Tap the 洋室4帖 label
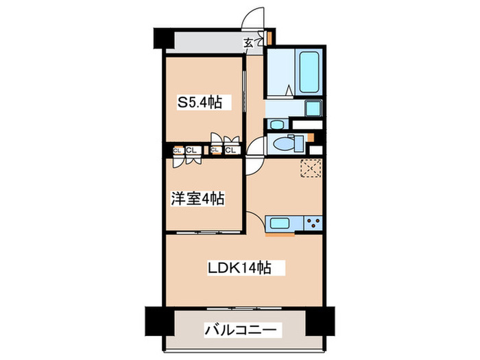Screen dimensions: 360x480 tap(197, 199)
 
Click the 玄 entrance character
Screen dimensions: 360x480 tap(249, 43)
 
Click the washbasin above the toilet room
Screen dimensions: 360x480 tap(277, 125)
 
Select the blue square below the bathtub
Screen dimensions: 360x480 tap(313, 108)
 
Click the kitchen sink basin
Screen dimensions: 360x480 tap(280, 222)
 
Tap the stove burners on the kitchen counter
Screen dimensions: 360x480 tap(314, 222)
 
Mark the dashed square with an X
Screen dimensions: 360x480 tap(310, 168)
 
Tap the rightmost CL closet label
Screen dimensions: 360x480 tap(230, 150)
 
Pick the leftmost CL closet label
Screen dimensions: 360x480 tap(176, 150)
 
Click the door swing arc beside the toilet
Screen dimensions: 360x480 tap(254, 147)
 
